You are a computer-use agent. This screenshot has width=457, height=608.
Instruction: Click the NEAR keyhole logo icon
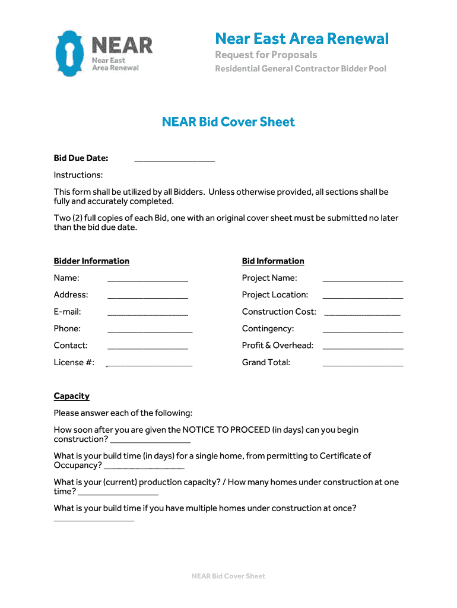click(70, 53)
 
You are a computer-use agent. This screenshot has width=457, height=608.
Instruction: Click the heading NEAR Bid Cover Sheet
click(228, 122)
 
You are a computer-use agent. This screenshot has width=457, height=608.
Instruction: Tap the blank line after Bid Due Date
click(174, 159)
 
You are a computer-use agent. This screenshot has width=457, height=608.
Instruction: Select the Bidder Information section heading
click(91, 261)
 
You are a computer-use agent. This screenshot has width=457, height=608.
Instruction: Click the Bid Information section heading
click(273, 261)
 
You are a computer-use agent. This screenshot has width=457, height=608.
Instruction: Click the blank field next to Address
click(148, 296)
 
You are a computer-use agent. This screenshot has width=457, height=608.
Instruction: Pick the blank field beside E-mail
click(148, 312)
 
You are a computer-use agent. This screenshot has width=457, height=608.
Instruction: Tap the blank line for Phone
click(150, 330)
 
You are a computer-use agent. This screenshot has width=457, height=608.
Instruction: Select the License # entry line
click(149, 363)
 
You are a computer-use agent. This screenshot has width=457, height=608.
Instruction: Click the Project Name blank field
click(363, 279)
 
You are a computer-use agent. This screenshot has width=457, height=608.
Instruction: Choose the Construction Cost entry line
click(363, 313)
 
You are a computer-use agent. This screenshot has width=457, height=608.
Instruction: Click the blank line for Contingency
click(363, 330)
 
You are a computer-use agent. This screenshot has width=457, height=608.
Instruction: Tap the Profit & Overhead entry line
click(363, 346)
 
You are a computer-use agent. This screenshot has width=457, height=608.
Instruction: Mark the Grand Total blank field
click(363, 363)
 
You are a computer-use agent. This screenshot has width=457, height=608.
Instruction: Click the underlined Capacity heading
click(72, 396)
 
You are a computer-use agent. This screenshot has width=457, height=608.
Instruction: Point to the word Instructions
click(78, 175)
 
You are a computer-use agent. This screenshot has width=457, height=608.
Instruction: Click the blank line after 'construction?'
click(151, 441)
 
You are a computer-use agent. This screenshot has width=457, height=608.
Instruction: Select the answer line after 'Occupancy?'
click(144, 467)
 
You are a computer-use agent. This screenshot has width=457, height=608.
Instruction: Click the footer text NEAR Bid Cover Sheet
click(228, 576)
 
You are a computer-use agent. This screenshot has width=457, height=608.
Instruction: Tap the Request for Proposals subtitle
click(266, 55)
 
